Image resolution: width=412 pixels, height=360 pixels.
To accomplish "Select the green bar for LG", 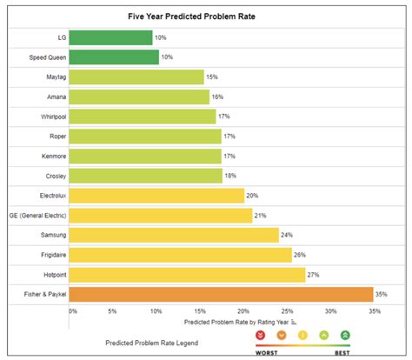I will click(x=110, y=37).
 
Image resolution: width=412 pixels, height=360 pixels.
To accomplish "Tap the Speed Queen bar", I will click(x=114, y=57).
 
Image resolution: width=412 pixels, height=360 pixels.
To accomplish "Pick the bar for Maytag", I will click(x=136, y=77).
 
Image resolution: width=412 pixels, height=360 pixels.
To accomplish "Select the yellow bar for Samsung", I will click(x=174, y=235).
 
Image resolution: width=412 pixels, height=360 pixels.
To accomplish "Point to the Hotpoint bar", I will click(x=186, y=275).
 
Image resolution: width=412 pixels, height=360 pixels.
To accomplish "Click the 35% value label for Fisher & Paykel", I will click(x=382, y=295).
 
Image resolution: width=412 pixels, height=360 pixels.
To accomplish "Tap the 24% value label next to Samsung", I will click(x=288, y=236).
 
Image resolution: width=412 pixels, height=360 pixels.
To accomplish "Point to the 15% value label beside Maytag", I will click(x=213, y=77).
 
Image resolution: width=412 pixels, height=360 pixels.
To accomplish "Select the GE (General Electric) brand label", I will click(x=33, y=216).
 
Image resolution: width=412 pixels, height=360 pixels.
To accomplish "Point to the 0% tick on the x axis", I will click(x=72, y=311).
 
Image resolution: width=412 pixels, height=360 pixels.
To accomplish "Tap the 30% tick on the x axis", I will click(x=331, y=311).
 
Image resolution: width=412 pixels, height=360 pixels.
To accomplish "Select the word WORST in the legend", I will click(x=265, y=352).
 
